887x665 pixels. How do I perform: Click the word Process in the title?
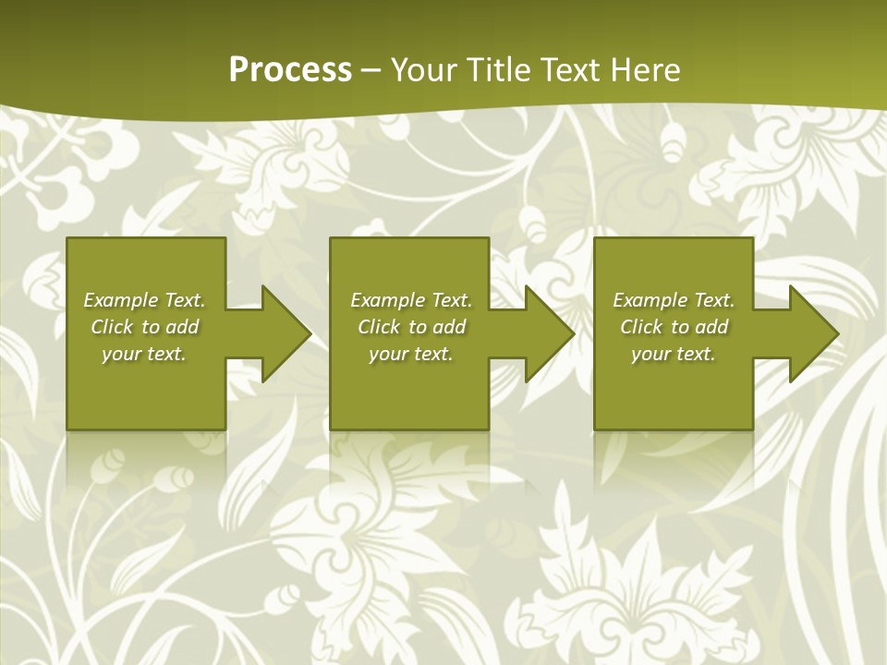(290, 70)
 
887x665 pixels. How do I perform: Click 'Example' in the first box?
(120, 300)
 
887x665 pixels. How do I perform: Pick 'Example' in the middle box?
(387, 300)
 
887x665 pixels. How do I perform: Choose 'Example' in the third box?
(650, 300)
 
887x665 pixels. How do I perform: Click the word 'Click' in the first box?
(113, 327)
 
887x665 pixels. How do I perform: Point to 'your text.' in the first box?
(144, 354)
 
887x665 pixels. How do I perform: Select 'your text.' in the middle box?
(411, 354)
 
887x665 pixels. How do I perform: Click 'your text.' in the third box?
(674, 354)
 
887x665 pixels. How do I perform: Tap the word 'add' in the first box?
(182, 327)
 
